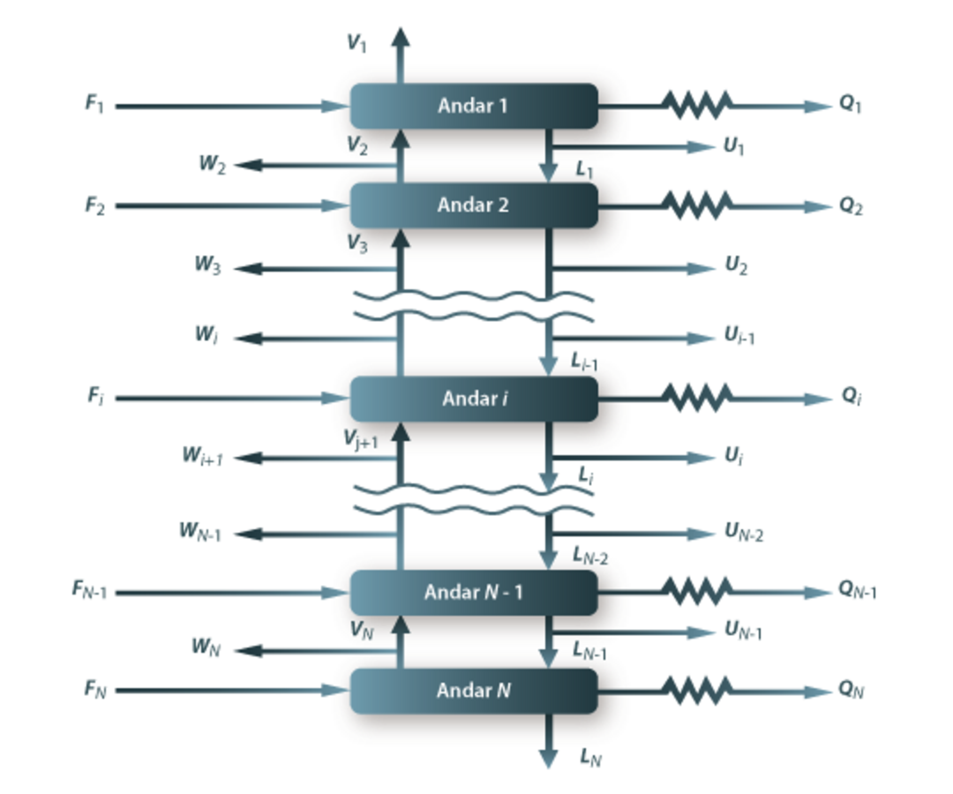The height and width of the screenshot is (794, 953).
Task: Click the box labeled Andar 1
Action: point(474,106)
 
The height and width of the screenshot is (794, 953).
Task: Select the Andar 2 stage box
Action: point(474,206)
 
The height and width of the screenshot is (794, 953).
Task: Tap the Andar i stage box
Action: point(474,399)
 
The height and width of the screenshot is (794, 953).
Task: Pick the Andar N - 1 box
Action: point(474,592)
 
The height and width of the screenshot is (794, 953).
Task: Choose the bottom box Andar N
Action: point(474,691)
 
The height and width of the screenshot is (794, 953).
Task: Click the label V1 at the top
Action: point(356,44)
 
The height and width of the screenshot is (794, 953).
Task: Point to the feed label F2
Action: point(95,206)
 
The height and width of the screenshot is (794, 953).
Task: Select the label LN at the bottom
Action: point(590,756)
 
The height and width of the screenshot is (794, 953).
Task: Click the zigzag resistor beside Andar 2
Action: point(698,206)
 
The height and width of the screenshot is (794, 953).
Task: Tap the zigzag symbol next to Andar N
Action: point(698,691)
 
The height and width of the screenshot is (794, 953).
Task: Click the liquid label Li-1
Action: point(586,360)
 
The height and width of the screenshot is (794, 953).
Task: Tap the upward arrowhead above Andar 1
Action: point(400,37)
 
